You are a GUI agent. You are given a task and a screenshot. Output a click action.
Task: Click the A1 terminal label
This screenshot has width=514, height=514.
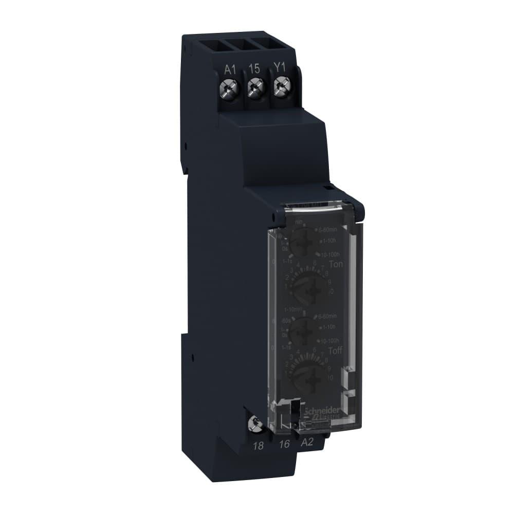[x=230, y=69]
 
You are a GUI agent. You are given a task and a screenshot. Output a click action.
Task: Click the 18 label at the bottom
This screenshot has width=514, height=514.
[x=259, y=445]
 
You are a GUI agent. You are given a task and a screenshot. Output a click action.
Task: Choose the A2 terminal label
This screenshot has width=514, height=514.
[x=307, y=443]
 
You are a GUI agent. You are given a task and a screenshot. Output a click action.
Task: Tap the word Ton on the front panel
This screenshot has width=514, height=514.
[x=336, y=264]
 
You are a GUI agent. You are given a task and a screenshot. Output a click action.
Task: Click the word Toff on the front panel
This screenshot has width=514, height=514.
[x=335, y=352]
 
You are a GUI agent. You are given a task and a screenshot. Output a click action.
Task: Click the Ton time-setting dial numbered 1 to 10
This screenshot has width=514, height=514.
[x=309, y=288]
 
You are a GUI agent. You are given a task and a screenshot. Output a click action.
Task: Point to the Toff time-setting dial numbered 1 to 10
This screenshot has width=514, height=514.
[x=308, y=375]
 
